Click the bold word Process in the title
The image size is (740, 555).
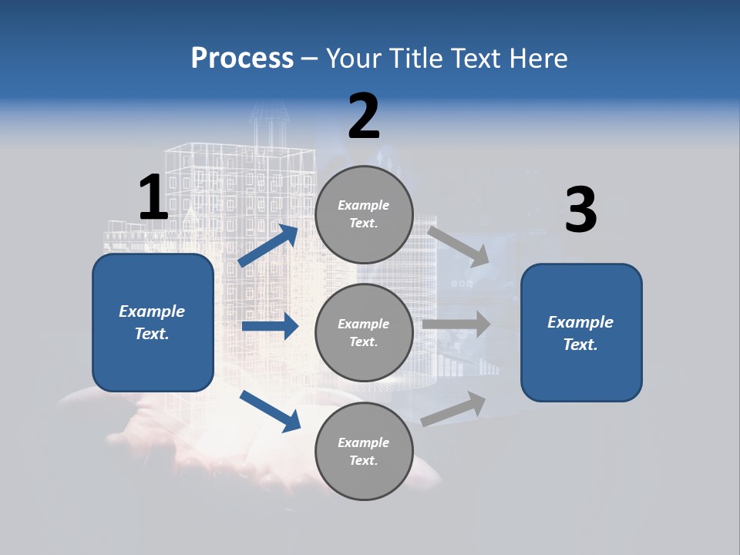(242, 59)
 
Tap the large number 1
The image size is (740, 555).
(153, 197)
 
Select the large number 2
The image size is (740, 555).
(364, 116)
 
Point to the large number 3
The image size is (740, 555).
(580, 210)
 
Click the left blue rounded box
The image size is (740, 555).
(153, 322)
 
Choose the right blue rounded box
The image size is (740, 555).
(581, 333)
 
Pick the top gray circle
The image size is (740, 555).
(364, 214)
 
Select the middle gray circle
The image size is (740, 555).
(364, 332)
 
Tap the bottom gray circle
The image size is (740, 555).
(364, 451)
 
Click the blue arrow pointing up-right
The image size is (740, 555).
(268, 245)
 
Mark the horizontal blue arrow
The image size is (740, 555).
(270, 327)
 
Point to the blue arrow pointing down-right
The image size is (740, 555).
(270, 410)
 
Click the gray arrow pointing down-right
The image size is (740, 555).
(458, 246)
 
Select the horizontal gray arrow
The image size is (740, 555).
(456, 324)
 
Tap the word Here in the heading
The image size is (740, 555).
(539, 59)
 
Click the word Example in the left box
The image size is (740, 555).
(152, 311)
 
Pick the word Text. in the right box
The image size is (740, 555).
(580, 345)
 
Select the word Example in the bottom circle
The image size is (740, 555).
(364, 442)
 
